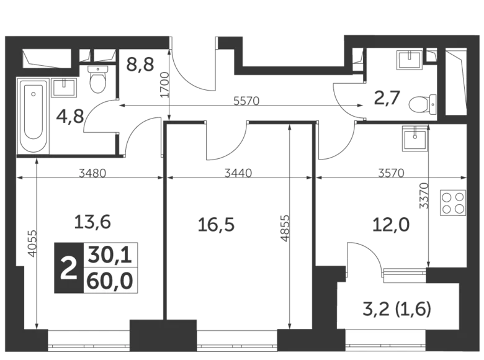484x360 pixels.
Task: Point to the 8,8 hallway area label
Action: pos(140,64)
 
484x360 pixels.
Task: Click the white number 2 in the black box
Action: pos(68,268)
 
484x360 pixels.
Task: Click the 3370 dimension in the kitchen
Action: pos(424,194)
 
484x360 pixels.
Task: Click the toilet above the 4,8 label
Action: pos(98,79)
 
